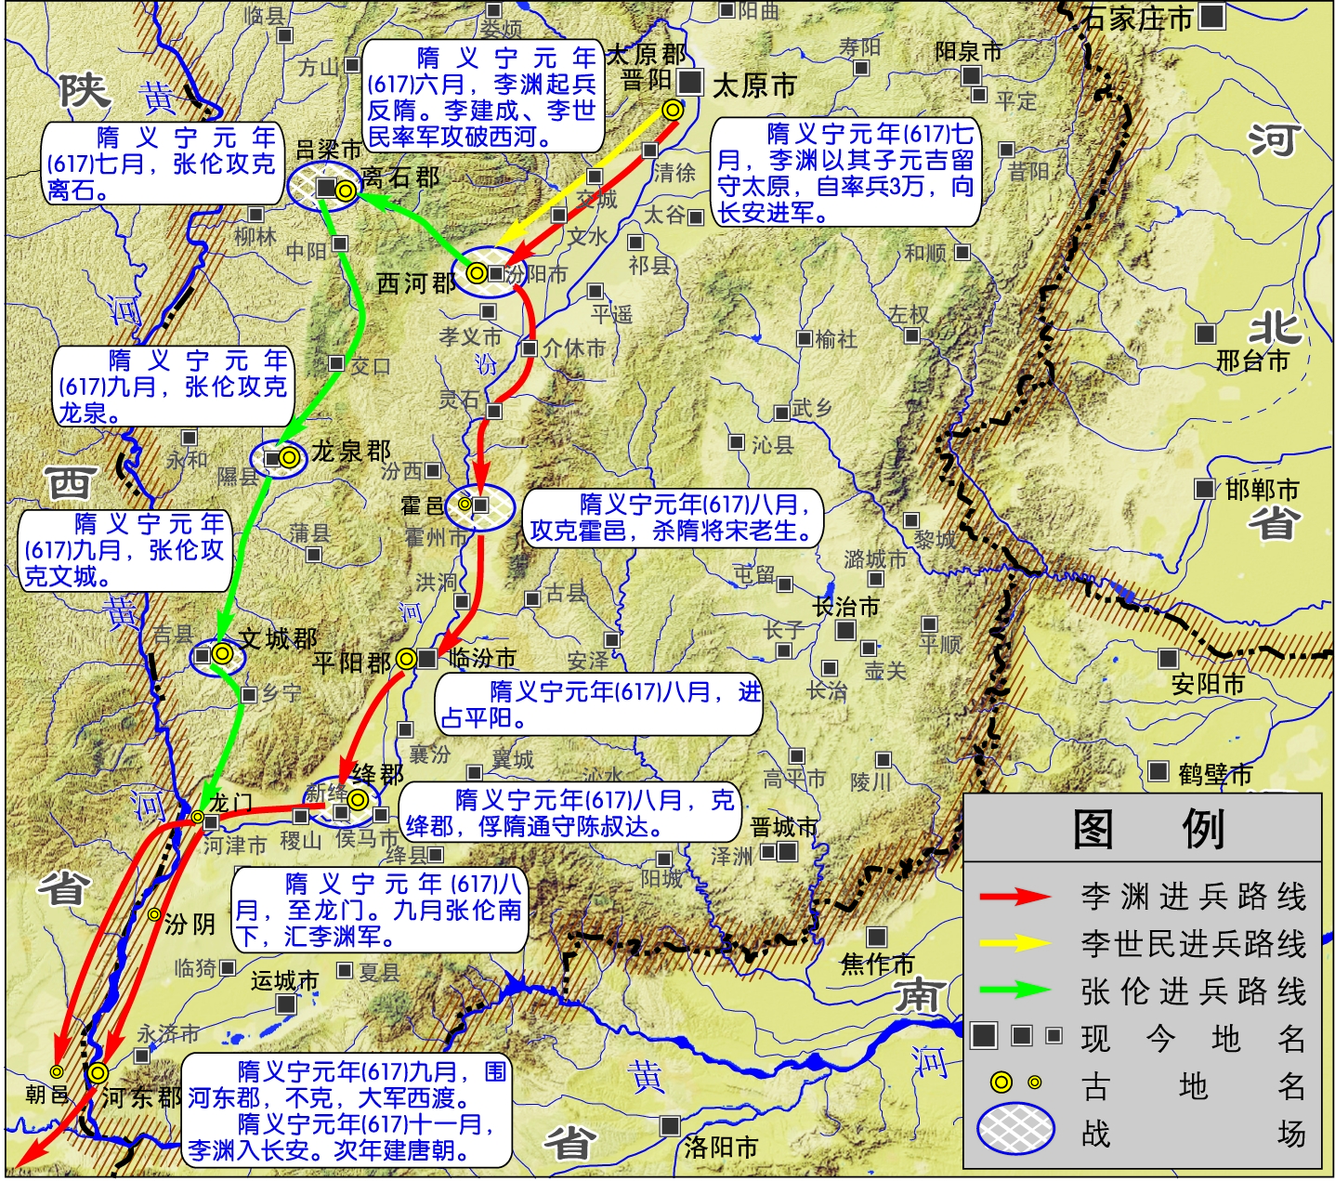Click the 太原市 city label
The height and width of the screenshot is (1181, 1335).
(754, 86)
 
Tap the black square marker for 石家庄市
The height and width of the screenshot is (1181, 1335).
(1211, 16)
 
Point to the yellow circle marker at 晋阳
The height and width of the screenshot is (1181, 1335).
(673, 110)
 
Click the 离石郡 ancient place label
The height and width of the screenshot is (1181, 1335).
(400, 177)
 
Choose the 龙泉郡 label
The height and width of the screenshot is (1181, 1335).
(351, 452)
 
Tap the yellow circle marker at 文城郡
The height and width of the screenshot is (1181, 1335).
(221, 653)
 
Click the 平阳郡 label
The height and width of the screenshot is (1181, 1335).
(352, 663)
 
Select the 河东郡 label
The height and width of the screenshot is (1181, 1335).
(141, 1097)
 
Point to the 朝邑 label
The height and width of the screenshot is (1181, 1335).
(46, 1095)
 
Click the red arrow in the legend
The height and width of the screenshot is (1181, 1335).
(1014, 896)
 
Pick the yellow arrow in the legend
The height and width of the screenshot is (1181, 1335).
(1014, 943)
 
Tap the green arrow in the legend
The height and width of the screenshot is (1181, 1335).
(1014, 991)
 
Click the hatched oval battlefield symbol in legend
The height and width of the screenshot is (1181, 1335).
(1016, 1130)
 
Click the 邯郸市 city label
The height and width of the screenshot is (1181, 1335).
(1261, 490)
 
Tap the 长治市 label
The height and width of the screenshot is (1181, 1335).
(846, 608)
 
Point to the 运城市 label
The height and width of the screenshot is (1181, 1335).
(284, 981)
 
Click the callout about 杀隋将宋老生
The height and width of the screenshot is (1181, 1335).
(673, 518)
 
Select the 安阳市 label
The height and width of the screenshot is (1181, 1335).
(1207, 685)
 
